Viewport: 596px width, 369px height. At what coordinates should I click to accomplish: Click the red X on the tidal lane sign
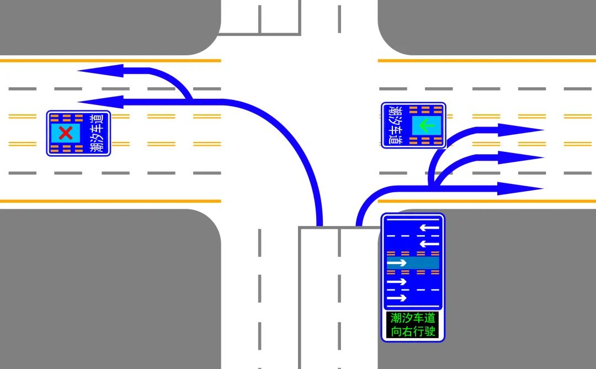(66, 133)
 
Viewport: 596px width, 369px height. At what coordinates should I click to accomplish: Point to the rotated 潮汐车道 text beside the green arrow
(396, 125)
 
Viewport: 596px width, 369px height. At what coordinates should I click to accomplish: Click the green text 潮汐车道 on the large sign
(413, 318)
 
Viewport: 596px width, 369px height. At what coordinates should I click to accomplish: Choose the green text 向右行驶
(413, 331)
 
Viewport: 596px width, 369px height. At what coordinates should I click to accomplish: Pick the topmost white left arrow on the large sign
(429, 227)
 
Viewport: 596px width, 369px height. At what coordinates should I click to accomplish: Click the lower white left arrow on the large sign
(429, 244)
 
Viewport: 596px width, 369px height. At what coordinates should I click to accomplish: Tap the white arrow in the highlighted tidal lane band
(397, 263)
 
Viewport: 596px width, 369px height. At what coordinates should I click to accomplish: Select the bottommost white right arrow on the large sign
(397, 298)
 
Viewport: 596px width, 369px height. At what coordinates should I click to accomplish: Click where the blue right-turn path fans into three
(434, 186)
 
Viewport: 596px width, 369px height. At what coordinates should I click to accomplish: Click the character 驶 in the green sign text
(431, 331)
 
